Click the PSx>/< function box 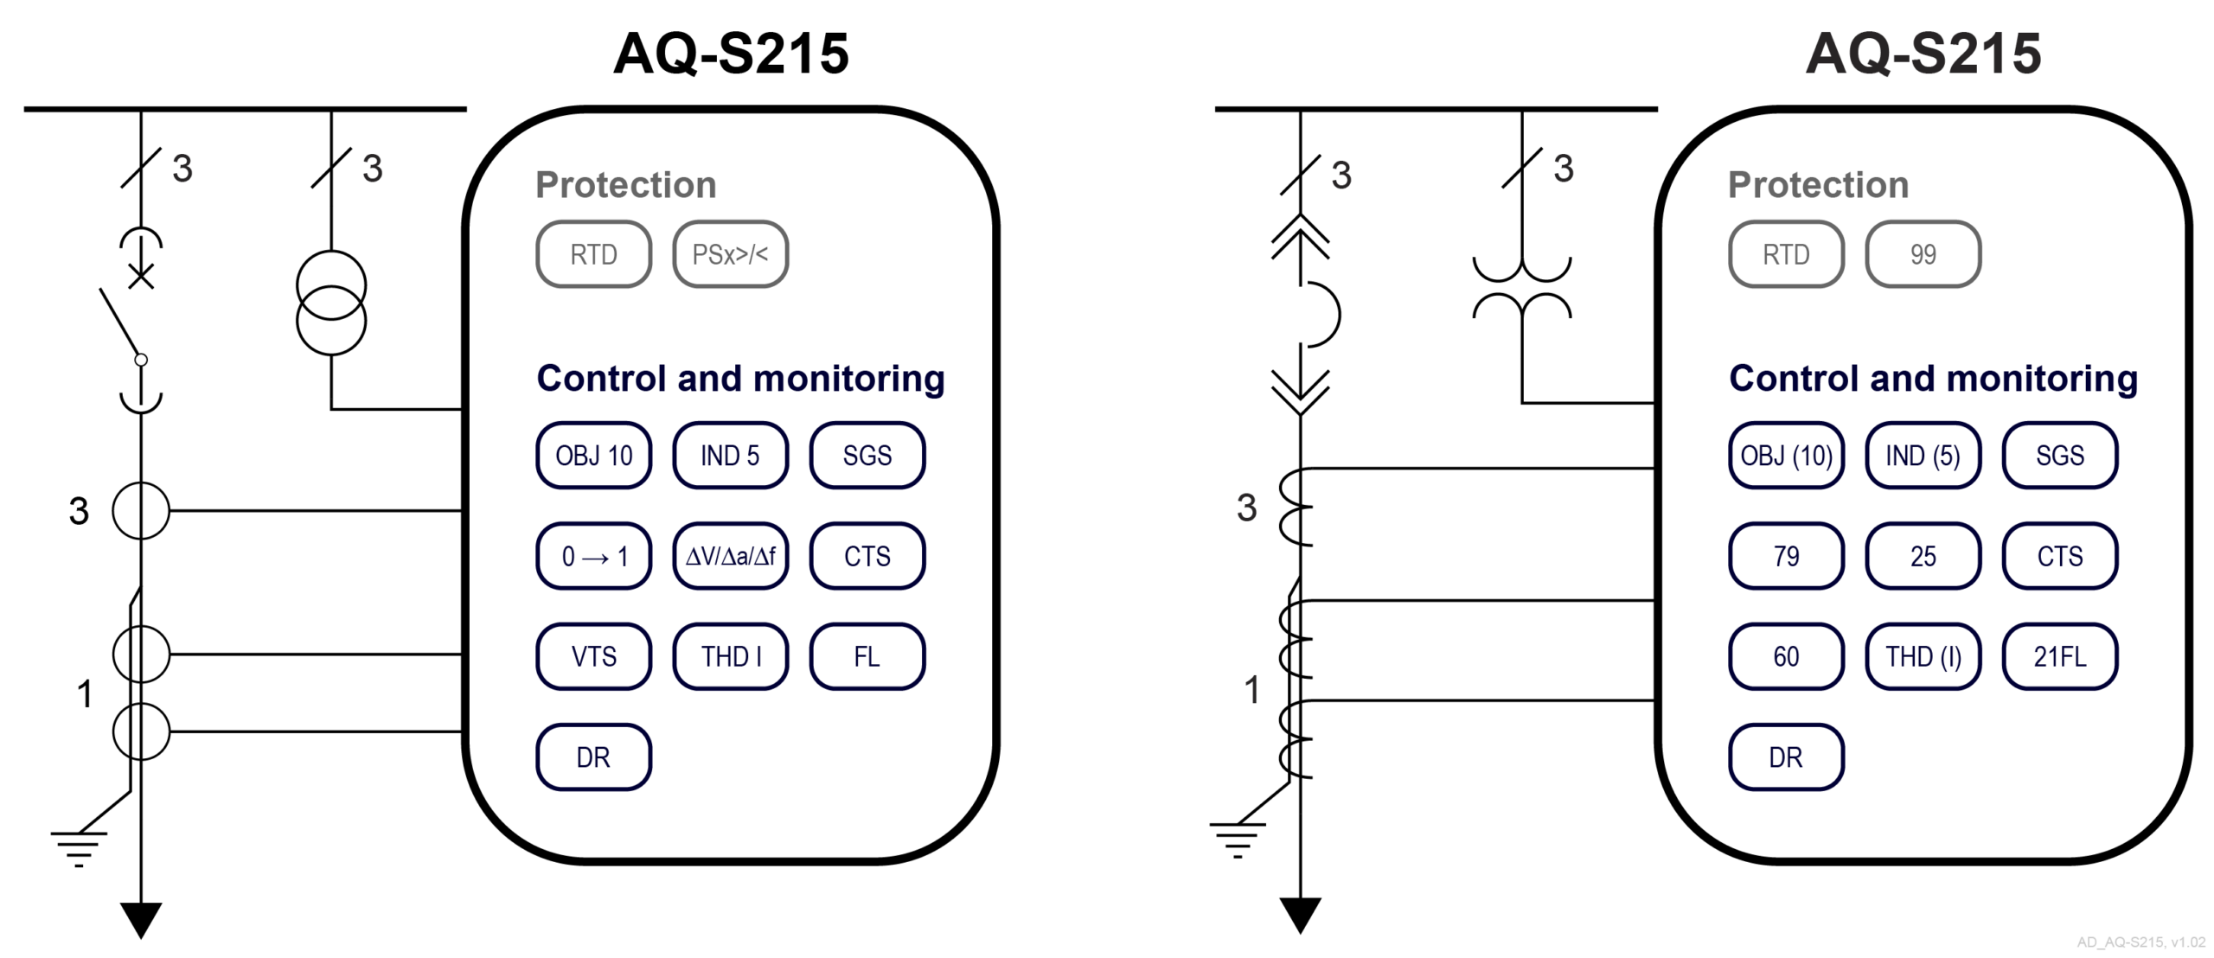pyautogui.click(x=730, y=254)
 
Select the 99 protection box pyautogui.click(x=1923, y=254)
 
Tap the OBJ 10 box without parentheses pyautogui.click(x=593, y=456)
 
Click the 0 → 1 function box pyautogui.click(x=593, y=556)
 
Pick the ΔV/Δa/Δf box pyautogui.click(x=730, y=556)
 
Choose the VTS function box pyautogui.click(x=593, y=656)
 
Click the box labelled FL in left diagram pyautogui.click(x=867, y=656)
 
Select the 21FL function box pyautogui.click(x=2059, y=656)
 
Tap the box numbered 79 pyautogui.click(x=1786, y=556)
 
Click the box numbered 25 pyautogui.click(x=1923, y=556)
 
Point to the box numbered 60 pyautogui.click(x=1786, y=656)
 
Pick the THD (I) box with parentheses pyautogui.click(x=1923, y=656)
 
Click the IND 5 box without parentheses pyautogui.click(x=730, y=456)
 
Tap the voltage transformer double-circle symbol pyautogui.click(x=331, y=303)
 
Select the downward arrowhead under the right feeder pyautogui.click(x=1300, y=915)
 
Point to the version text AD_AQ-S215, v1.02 pyautogui.click(x=2140, y=942)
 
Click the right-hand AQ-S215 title pyautogui.click(x=1923, y=54)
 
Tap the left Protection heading pyautogui.click(x=625, y=184)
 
